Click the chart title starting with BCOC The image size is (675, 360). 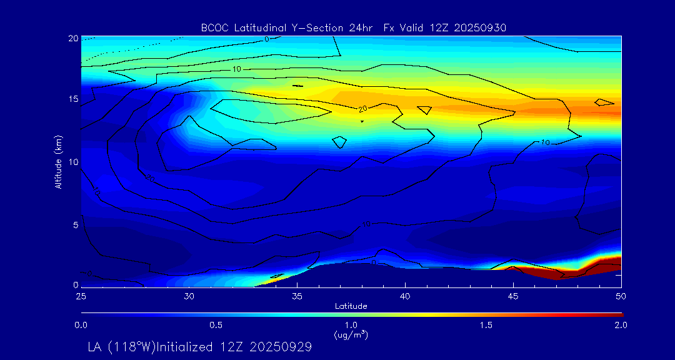(353, 27)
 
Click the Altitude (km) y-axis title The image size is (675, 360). (58, 161)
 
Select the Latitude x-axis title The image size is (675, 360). (350, 306)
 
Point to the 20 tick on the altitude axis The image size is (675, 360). (72, 38)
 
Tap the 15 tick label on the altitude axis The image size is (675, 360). (72, 99)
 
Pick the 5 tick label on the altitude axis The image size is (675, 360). (75, 224)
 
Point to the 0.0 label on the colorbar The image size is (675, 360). (81, 325)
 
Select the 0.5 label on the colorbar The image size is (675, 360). (216, 325)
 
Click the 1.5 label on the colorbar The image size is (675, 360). (486, 325)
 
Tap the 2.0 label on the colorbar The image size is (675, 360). (621, 325)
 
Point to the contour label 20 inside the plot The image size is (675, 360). (362, 109)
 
